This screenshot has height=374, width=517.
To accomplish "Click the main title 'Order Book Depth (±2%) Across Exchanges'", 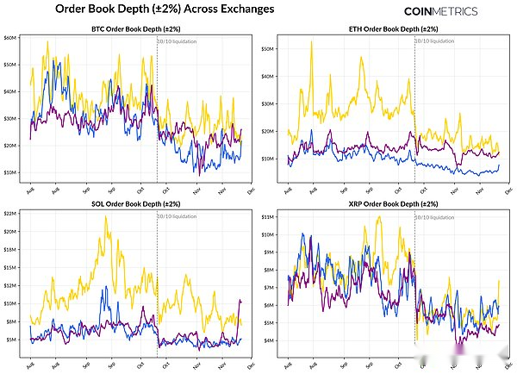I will (x=165, y=9).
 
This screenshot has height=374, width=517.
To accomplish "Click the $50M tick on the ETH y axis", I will (x=267, y=48).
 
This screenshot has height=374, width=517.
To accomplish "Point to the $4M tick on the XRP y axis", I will (x=269, y=340).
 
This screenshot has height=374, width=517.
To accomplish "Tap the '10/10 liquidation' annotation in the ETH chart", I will (x=435, y=41).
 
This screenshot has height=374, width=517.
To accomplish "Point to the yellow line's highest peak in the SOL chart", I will (x=105, y=216).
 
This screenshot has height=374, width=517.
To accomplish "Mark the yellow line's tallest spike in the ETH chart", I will (x=311, y=41).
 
